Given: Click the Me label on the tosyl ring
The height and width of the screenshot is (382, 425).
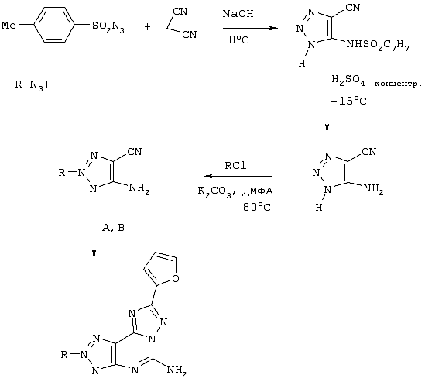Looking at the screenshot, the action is click(x=9, y=26).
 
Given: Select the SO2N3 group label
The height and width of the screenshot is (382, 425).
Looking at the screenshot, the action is click(x=108, y=27).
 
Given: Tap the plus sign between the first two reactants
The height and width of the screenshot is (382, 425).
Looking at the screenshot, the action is click(x=147, y=26).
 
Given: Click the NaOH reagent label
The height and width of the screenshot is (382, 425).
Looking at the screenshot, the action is click(x=238, y=14).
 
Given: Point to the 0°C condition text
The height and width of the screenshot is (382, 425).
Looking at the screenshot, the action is click(x=238, y=40).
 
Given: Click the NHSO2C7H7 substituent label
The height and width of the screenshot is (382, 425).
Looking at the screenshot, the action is click(x=378, y=45).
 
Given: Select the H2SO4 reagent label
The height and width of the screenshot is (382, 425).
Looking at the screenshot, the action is click(x=348, y=80).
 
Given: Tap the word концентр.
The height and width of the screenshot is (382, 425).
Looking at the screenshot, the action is click(x=398, y=84).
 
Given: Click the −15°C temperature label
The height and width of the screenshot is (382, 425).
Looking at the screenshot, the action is click(x=348, y=101).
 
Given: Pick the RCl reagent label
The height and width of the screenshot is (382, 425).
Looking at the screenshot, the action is click(x=235, y=166).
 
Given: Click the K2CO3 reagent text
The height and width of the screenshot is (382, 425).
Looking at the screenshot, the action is click(x=216, y=192).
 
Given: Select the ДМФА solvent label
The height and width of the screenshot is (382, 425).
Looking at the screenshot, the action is click(x=258, y=191).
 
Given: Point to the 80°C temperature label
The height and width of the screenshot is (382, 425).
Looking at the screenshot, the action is click(x=257, y=208).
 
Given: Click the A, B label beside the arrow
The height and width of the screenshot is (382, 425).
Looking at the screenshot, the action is click(x=113, y=228).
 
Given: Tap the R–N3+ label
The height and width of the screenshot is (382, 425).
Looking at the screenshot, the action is click(x=33, y=85).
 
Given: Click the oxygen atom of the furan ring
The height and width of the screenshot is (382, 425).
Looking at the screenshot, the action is click(x=176, y=278).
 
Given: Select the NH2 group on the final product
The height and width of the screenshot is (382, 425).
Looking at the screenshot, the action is click(x=177, y=370).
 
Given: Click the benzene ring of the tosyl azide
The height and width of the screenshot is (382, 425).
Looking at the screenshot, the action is click(x=54, y=25).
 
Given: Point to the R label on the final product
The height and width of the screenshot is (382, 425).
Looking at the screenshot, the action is click(x=64, y=354).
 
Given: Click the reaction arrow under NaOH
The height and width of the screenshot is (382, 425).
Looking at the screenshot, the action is click(x=250, y=28).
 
